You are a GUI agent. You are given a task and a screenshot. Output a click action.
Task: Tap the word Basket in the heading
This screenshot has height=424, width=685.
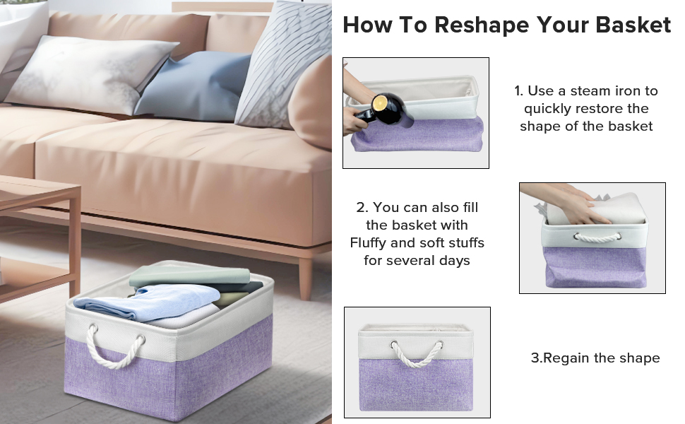coord(633,25)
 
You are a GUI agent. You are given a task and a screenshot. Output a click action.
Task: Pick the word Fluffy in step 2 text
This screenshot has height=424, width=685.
coord(371,243)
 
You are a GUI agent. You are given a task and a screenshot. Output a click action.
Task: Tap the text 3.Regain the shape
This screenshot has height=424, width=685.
coord(595,358)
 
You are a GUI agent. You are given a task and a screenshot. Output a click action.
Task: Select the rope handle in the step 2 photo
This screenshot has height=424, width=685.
coord(593,237)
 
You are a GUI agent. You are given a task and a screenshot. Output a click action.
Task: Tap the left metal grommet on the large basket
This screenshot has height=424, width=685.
coord(91,329)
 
